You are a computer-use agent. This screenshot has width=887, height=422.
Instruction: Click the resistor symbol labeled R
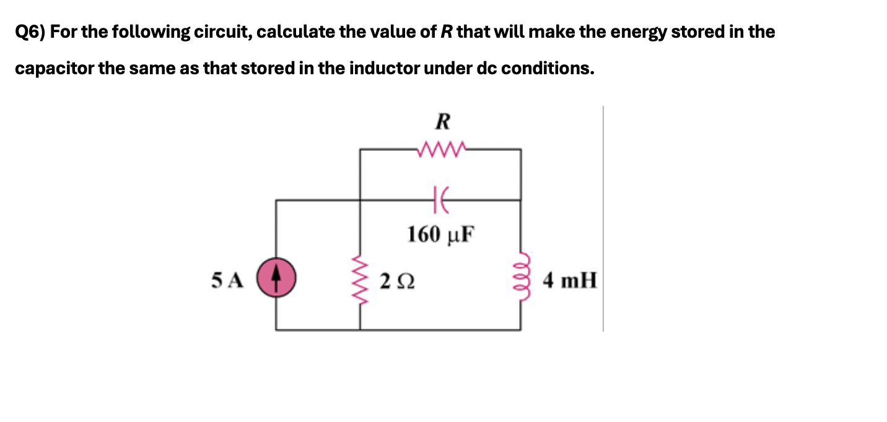pos(440,149)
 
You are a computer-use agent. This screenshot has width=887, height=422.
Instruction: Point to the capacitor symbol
pos(440,199)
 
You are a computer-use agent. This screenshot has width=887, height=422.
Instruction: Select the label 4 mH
pos(570,282)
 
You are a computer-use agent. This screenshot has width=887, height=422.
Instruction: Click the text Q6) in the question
pos(30,32)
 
